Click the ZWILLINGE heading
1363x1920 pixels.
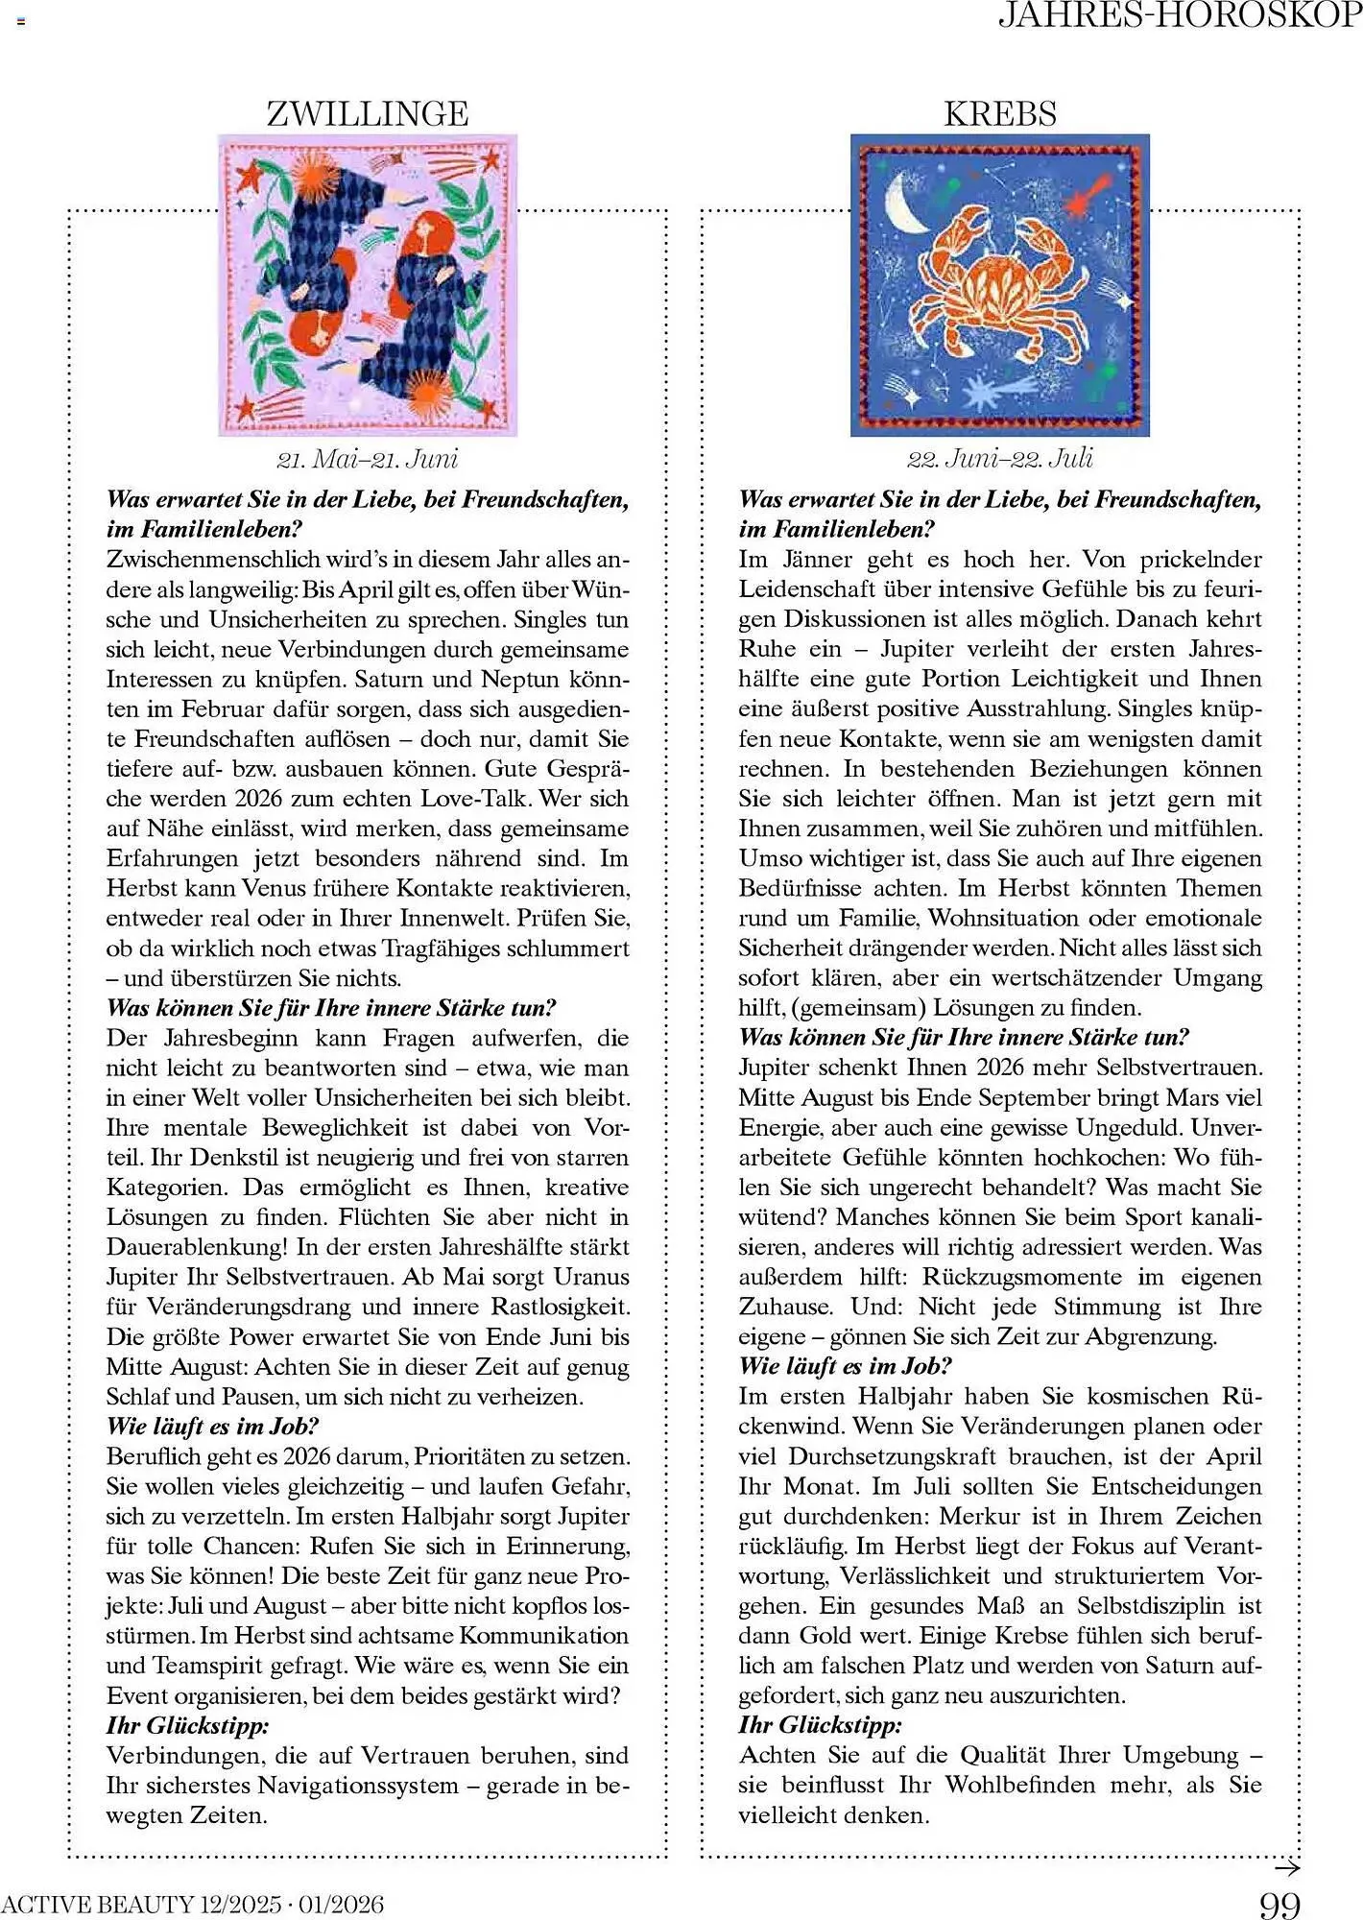(x=367, y=114)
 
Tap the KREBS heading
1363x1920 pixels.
(x=999, y=114)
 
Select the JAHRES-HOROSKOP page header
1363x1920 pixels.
(x=1180, y=15)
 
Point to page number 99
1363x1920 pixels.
(x=1279, y=1904)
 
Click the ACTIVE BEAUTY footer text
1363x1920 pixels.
(x=192, y=1904)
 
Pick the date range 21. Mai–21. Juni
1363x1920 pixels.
(x=367, y=459)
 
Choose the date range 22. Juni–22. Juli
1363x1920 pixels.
(x=999, y=459)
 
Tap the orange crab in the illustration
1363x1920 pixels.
(x=998, y=288)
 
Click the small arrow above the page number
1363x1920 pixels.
(x=1286, y=1868)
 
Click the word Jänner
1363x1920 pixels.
(x=818, y=560)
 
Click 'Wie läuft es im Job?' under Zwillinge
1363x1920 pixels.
(x=212, y=1427)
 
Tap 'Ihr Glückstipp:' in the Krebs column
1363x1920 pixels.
(x=820, y=1725)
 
